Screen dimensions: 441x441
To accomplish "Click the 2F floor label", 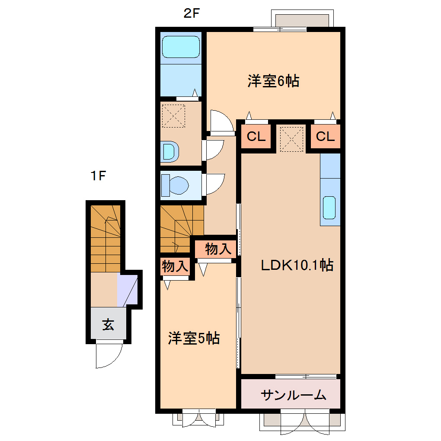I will pos(192,13).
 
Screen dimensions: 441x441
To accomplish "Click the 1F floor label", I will pos(98,176).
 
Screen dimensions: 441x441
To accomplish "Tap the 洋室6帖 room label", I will pos(273,81).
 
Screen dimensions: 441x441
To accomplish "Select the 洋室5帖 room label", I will pos(194,338).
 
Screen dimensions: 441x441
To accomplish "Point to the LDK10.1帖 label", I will pos(297,265).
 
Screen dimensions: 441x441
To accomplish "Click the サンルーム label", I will pos(294,394).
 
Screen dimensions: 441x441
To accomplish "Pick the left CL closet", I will pos(256,137).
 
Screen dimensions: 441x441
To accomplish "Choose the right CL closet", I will pos(325,137).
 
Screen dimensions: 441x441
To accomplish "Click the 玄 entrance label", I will pos(108,324).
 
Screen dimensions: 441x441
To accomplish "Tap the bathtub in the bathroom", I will pos(181,46).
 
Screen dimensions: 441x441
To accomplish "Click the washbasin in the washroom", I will pos(169,152).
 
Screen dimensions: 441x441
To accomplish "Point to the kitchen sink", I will pos(329,208).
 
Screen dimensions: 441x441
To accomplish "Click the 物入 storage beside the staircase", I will pos(215,249).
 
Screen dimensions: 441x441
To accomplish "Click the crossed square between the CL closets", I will pos(291,139).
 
